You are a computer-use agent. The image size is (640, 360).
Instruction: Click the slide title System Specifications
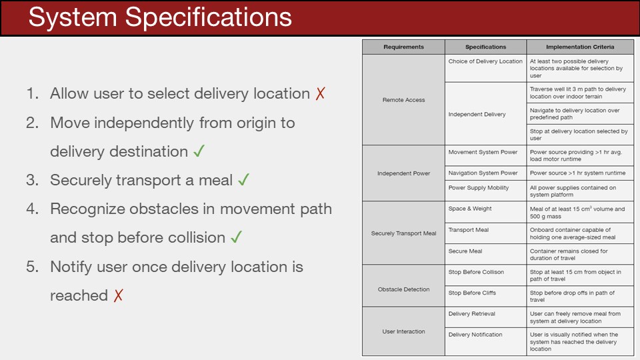(160, 17)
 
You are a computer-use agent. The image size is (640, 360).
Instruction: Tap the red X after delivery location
(321, 93)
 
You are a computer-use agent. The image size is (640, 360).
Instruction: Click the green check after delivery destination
(199, 151)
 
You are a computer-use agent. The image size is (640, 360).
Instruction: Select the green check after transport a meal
(244, 179)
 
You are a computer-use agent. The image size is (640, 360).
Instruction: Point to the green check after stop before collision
(236, 237)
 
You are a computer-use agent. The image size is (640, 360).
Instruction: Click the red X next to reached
(119, 295)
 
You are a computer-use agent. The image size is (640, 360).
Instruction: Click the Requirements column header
(404, 47)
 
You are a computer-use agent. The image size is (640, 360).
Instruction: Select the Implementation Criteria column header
(580, 47)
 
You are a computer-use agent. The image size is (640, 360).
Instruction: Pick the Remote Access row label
(404, 99)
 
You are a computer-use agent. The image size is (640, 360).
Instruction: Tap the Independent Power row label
(404, 173)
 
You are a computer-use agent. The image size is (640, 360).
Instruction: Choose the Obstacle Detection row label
(404, 289)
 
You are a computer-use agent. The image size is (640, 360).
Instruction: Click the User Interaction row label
(404, 331)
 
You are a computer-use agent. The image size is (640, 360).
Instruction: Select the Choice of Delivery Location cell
(485, 61)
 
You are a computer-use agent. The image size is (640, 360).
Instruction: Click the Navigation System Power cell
(483, 173)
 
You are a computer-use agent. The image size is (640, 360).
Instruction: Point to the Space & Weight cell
(470, 209)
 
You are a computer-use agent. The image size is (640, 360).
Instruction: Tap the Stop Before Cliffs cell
(472, 293)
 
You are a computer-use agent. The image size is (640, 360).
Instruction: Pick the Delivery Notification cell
(475, 334)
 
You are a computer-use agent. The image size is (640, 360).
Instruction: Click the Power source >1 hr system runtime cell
(577, 173)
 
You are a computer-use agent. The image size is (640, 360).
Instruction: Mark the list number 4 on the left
(32, 209)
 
